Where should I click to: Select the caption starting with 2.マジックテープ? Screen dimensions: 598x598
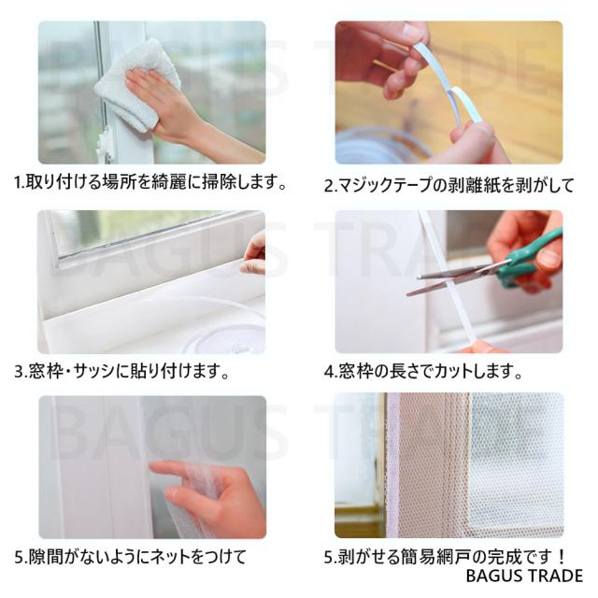(x=449, y=184)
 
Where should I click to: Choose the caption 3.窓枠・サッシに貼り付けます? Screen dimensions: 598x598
(x=121, y=370)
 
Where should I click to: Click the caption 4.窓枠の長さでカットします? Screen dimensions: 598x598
(x=423, y=370)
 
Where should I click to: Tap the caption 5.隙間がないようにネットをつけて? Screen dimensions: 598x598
(x=131, y=557)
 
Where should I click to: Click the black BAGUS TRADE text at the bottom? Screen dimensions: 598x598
(x=523, y=576)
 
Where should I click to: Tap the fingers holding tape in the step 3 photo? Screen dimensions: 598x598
(x=253, y=253)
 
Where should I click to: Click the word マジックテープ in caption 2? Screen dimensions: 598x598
(x=389, y=184)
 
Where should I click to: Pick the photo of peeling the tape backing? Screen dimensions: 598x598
(x=448, y=93)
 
